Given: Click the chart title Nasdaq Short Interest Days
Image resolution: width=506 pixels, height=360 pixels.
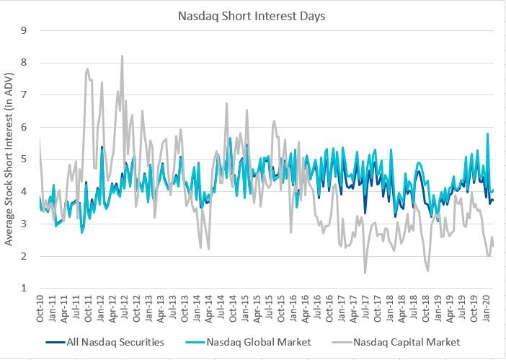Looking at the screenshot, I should pos(253,14).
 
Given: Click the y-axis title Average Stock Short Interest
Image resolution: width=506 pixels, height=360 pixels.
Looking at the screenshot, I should pos(9,159).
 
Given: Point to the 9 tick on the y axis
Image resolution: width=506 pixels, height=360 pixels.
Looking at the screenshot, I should pos(24,30).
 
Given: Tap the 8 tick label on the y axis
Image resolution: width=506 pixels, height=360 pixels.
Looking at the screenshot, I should pos(24,63).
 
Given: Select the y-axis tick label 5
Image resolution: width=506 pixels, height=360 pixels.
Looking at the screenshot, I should pos(24,159).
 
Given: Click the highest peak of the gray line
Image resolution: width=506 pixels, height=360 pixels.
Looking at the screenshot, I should pos(122,56).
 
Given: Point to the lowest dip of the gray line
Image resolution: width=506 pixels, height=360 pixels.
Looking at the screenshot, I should pos(365,273).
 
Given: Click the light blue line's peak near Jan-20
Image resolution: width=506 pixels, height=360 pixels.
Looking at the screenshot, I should pos(488,133).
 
